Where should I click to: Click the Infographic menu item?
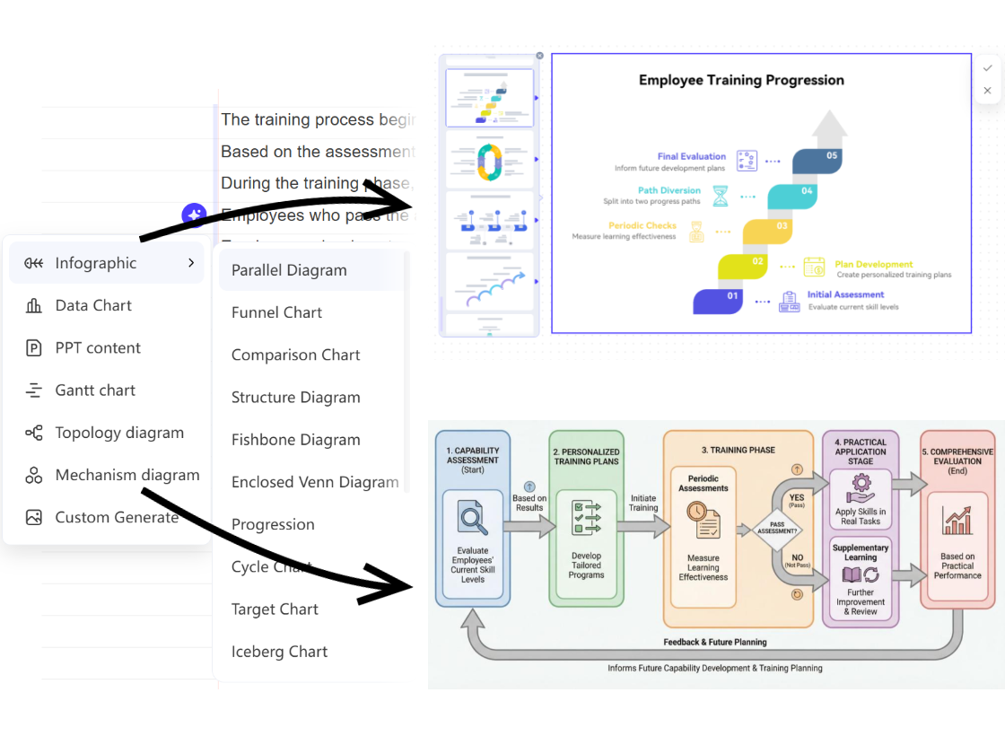pos(96,263)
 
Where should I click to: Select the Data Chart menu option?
pos(93,305)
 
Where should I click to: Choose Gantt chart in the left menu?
pos(95,390)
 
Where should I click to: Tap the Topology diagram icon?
pos(34,433)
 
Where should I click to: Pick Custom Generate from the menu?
pos(116,517)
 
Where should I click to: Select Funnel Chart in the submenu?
pos(276,312)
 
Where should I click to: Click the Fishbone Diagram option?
pos(295,440)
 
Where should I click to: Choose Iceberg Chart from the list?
pos(279,652)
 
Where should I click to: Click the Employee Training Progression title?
pos(741,80)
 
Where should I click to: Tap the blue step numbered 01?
pos(732,295)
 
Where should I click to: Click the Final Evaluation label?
pos(691,156)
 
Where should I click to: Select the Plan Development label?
pos(873,265)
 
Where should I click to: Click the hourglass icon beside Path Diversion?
pos(720,196)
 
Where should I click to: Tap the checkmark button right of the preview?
pos(987,68)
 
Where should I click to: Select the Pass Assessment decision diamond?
pos(777,530)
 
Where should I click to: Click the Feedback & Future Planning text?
pos(714,642)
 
